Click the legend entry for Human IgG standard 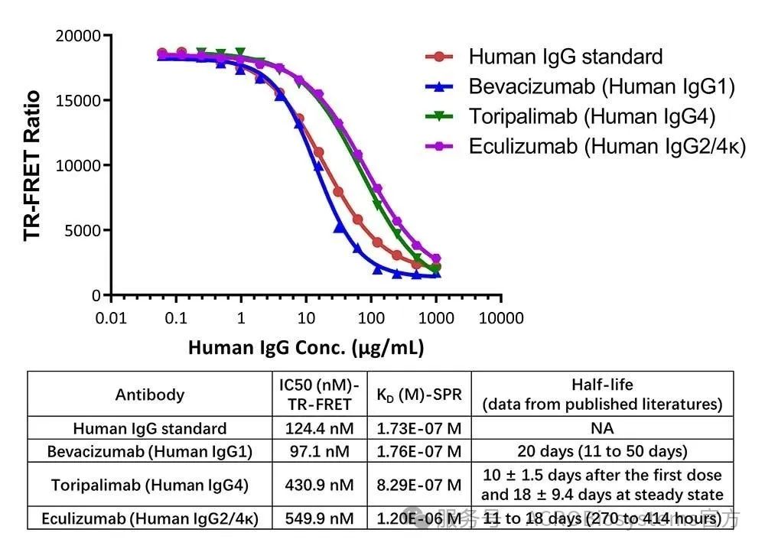coord(565,57)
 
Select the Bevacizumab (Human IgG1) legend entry coord(601,86)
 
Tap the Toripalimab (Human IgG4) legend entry coord(591,116)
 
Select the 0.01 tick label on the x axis coord(111,318)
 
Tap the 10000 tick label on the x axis coord(501,318)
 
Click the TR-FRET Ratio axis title coord(32,165)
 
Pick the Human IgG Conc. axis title coord(306,348)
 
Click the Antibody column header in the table coord(150,395)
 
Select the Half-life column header coord(602,394)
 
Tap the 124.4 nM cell coord(321,429)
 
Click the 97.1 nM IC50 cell coord(321,451)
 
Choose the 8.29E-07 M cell coord(419,485)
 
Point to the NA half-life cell coord(602,429)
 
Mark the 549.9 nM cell coord(321,518)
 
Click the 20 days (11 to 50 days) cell coord(602,451)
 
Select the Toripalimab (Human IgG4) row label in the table coord(150,485)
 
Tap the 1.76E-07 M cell coord(419,451)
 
